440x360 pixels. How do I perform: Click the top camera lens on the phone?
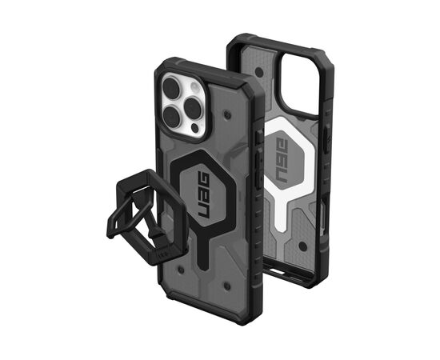[174, 83]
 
